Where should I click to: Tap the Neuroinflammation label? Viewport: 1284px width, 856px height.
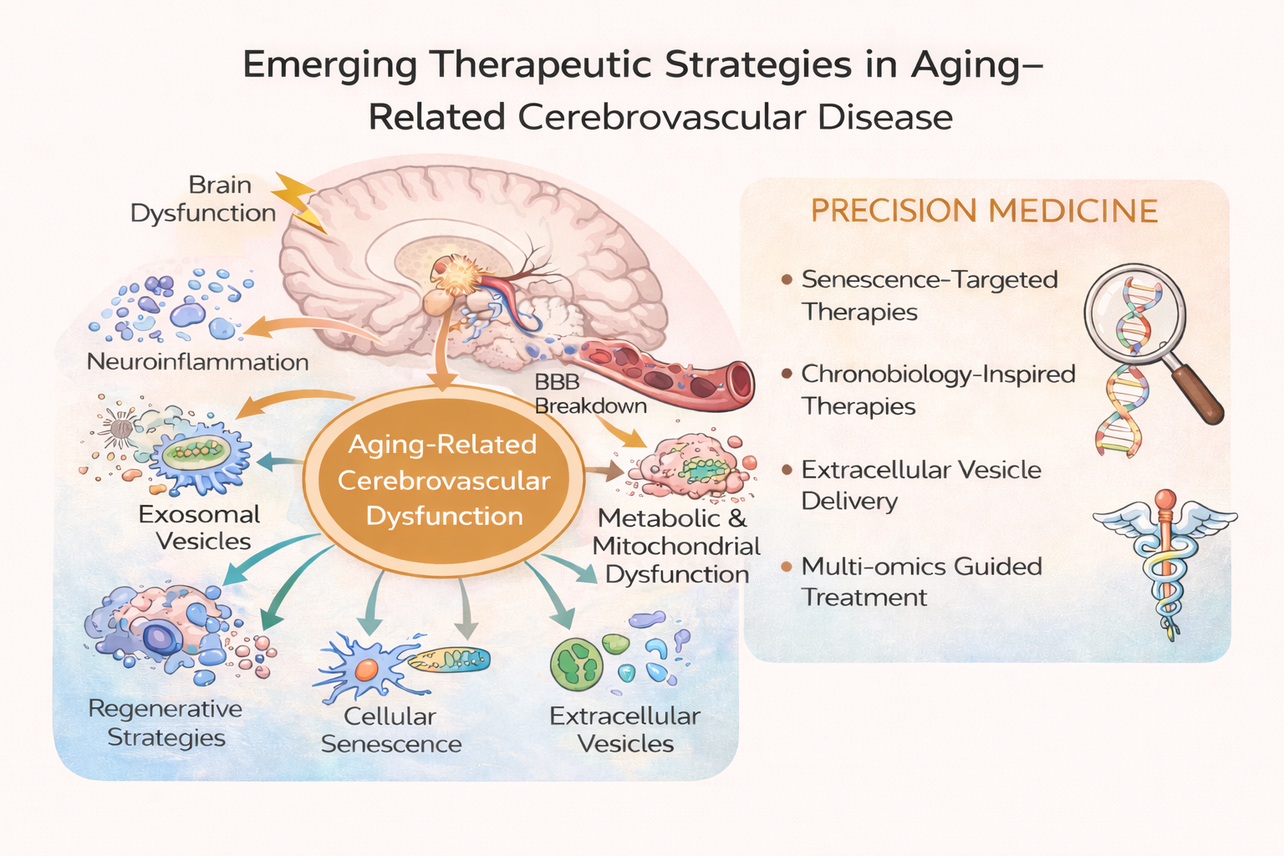tap(197, 362)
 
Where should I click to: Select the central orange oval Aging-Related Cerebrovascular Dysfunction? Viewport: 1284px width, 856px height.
tap(443, 480)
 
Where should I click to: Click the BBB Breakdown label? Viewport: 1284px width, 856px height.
tap(590, 394)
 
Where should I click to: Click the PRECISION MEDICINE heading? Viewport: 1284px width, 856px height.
tap(984, 211)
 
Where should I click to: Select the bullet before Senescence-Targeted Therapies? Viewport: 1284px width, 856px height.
tap(786, 280)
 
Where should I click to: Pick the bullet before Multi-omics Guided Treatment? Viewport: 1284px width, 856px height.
tap(786, 568)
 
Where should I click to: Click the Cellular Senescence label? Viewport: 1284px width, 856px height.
tap(391, 730)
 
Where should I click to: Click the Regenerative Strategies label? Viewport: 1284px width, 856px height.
tap(166, 723)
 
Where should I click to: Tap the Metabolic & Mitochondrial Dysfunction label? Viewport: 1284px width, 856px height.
tap(675, 546)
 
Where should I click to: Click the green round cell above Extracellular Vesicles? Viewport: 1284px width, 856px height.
tap(576, 665)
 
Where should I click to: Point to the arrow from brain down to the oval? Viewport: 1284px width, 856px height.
tap(443, 351)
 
